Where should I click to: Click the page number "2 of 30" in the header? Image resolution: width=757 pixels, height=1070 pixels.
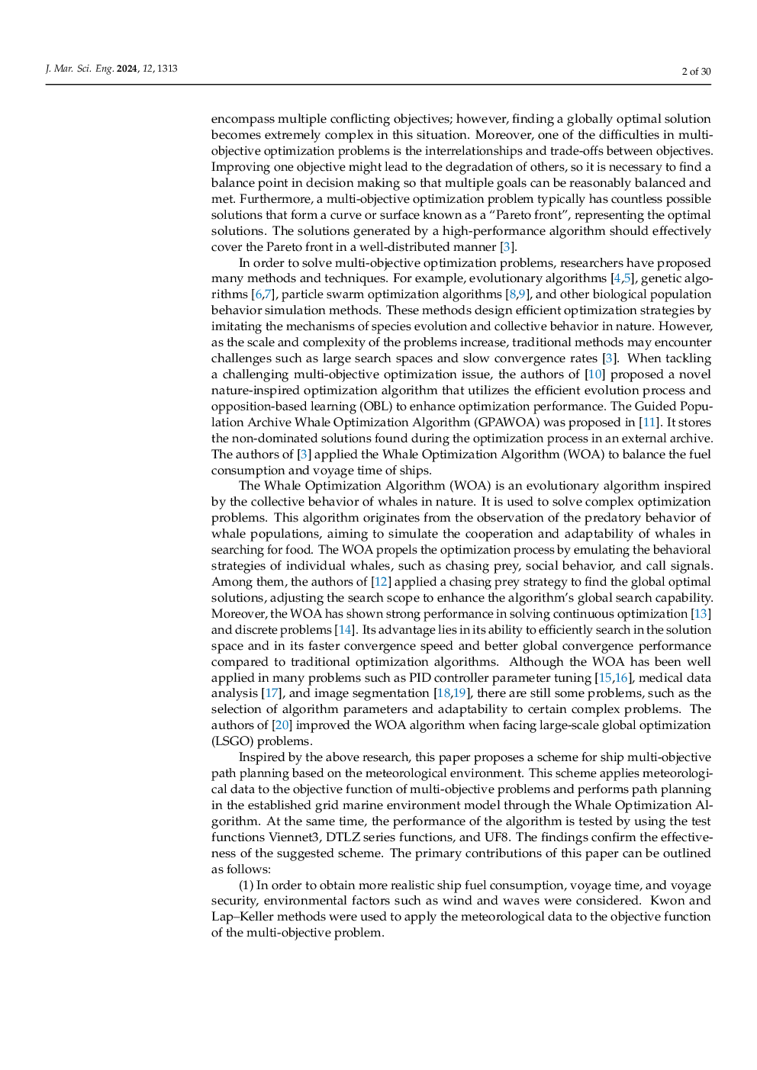point(696,72)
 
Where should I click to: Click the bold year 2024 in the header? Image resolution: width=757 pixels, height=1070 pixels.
point(127,69)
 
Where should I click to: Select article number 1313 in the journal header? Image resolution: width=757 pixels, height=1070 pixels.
point(167,69)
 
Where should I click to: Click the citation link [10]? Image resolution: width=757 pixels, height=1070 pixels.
point(595,374)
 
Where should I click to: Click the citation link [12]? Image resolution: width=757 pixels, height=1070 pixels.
point(382,582)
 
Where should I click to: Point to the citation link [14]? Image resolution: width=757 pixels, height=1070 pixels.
point(345,630)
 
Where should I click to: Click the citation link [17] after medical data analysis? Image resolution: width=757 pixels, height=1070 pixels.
point(271,693)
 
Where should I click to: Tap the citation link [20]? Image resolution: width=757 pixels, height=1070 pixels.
point(282,725)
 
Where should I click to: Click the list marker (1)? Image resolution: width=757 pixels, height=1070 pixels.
point(246,885)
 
